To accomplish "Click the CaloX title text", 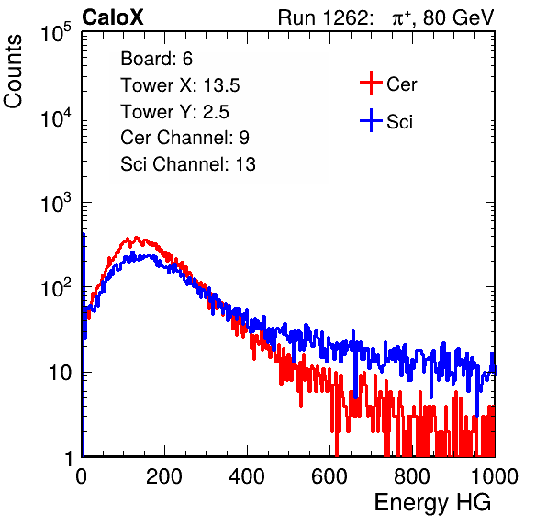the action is pos(113,17).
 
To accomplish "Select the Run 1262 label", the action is pos(323,17).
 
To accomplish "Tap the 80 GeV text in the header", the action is pos(458,17).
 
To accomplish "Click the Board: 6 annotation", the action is pos(156,59).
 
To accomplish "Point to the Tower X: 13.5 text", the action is pos(180,85).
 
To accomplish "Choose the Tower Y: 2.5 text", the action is pos(174,112).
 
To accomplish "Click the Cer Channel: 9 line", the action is pos(184,138).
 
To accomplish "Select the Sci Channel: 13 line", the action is pos(188,164).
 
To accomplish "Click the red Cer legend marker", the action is pos(371,83).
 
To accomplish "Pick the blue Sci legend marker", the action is pos(371,120).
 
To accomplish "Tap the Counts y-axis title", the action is pos(13,72).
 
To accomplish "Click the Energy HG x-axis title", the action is pos(432,503).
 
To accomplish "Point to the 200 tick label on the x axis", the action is pos(164,476).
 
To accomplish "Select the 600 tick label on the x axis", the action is pos(329,476).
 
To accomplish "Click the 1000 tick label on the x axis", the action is pos(495,476).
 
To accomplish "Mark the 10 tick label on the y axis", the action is pos(61,373).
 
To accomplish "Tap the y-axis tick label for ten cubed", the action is pos(57,202).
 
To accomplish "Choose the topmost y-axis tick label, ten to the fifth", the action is pos(57,32).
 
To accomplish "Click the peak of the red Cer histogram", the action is pos(136,238).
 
